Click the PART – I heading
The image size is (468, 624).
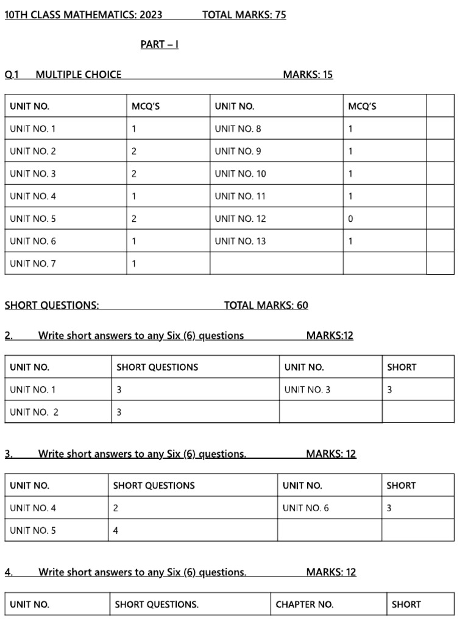coord(159,44)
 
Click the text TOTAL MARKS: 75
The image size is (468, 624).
coord(244,15)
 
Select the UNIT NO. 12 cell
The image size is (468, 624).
coord(240,219)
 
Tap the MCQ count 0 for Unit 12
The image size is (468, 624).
coord(350,219)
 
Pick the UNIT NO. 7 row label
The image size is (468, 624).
coord(33,264)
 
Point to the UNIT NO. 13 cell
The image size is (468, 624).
coord(240,241)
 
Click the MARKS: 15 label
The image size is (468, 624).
coord(308,75)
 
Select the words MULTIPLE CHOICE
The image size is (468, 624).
coord(79,75)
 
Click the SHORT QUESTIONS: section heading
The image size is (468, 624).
coord(52,306)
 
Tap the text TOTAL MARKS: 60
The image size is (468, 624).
coord(266,306)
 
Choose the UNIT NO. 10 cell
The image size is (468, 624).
coord(240,174)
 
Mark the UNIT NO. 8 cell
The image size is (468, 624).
coord(238,129)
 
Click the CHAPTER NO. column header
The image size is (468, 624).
coord(304,604)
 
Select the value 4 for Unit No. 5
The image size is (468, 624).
coord(116,530)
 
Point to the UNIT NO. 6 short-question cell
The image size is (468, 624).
coord(305,508)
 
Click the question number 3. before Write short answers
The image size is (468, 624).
coord(9,453)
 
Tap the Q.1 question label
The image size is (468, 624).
coord(12,75)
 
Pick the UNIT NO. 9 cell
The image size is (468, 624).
coord(238,151)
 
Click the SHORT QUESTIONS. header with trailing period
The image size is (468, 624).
coord(157,604)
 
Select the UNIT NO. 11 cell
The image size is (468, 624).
coord(240,196)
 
